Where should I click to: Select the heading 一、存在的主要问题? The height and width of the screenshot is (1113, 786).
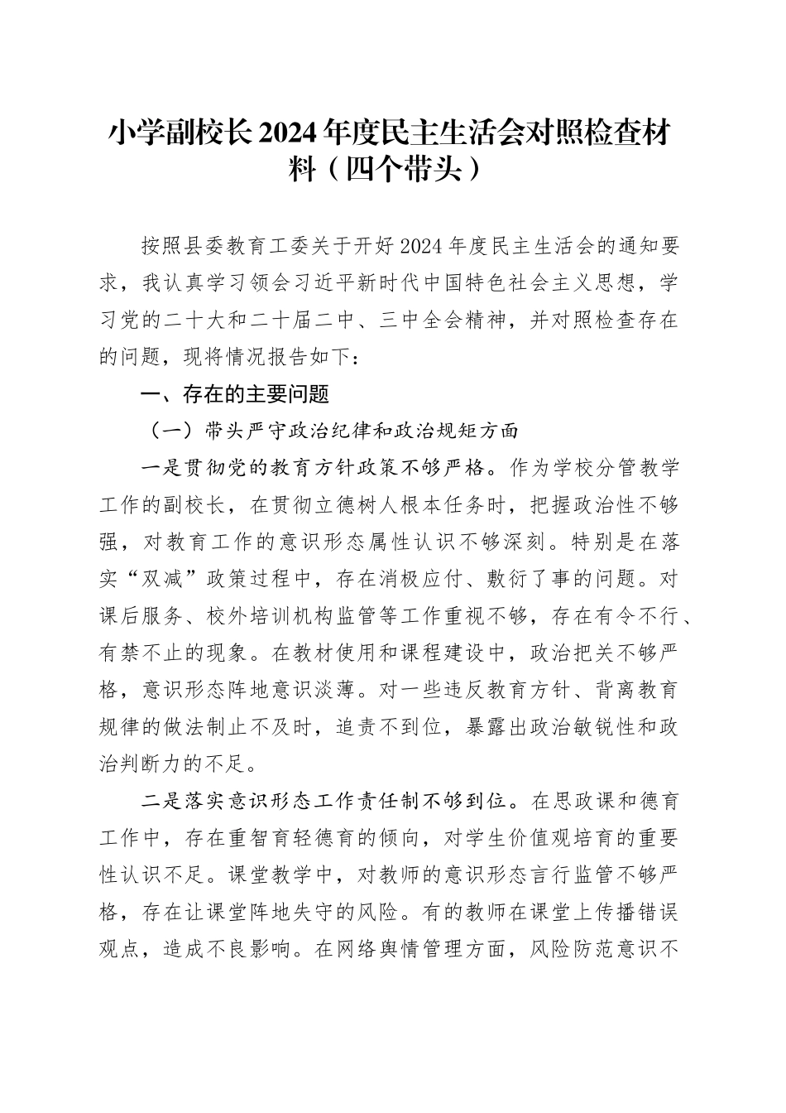236,395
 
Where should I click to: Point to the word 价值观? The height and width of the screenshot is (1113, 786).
513,838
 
